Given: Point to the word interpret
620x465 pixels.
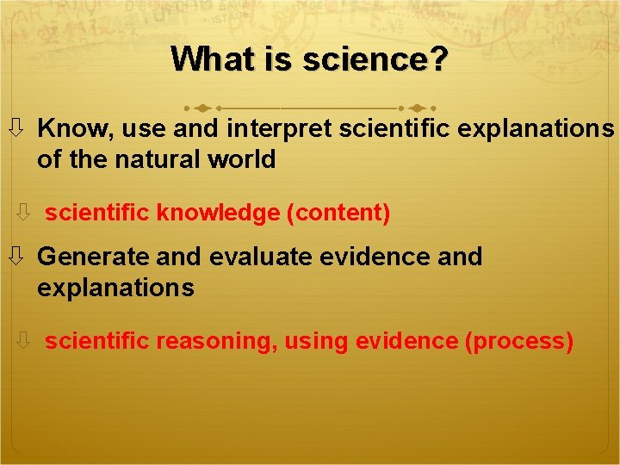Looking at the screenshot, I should (x=279, y=129).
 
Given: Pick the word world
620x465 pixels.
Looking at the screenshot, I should (x=245, y=159).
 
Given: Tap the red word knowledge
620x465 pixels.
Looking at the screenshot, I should (x=219, y=213).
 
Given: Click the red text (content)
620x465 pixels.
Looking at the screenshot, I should (x=339, y=213).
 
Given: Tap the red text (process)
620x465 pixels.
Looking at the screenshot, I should (x=519, y=341).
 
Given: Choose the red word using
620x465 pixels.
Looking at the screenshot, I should (x=317, y=341).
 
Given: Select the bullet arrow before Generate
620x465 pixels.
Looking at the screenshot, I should (x=16, y=257).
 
